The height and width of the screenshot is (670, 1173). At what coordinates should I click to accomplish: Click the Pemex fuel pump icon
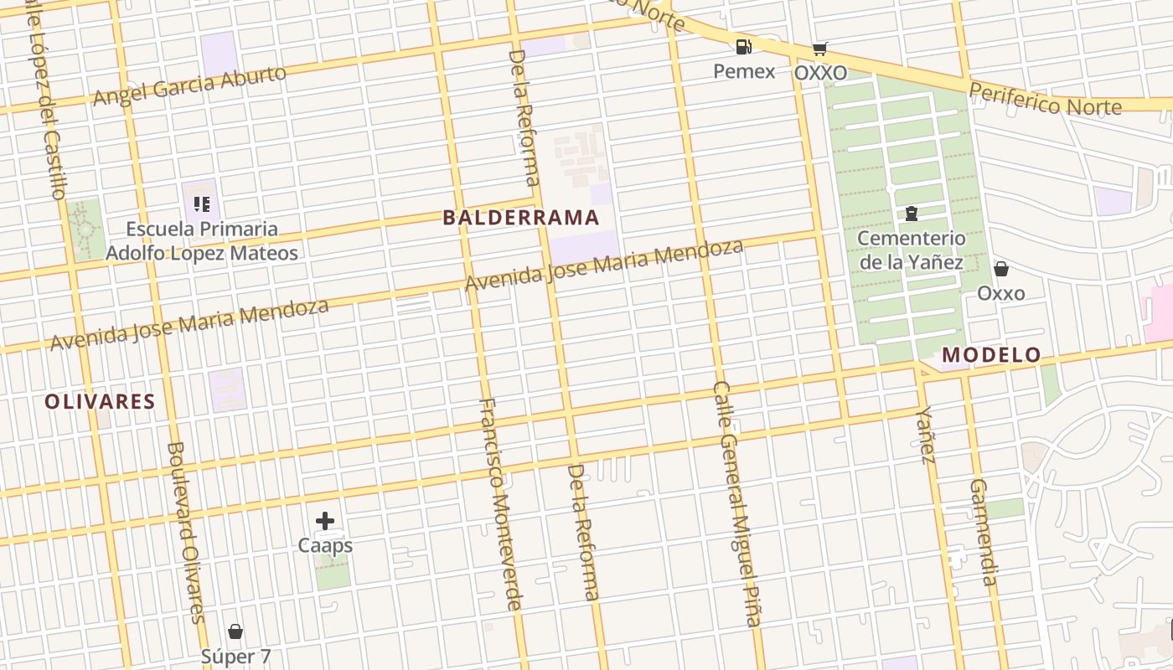pyautogui.click(x=743, y=47)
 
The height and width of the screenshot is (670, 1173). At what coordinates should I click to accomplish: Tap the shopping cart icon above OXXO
pyautogui.click(x=819, y=49)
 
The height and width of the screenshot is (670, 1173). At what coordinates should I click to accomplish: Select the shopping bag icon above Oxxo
pyautogui.click(x=1000, y=269)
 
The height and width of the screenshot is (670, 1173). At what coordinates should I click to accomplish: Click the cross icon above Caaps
pyautogui.click(x=325, y=521)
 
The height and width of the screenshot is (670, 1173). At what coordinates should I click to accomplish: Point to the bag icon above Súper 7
pyautogui.click(x=235, y=631)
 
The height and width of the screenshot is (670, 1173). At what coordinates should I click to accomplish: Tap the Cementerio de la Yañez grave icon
pyautogui.click(x=911, y=214)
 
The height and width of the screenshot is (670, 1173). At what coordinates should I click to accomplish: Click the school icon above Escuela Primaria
pyautogui.click(x=201, y=204)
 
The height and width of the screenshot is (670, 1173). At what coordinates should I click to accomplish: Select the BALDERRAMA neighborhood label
pyautogui.click(x=520, y=218)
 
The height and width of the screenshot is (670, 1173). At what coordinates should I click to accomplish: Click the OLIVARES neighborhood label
pyautogui.click(x=100, y=402)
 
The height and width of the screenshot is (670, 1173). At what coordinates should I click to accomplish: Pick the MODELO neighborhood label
pyautogui.click(x=991, y=355)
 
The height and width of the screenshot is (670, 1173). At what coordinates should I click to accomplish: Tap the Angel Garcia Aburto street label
pyautogui.click(x=189, y=85)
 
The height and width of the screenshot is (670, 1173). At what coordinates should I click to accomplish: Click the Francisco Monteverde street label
pyautogui.click(x=501, y=503)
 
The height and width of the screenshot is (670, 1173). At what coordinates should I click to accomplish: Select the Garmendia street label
pyautogui.click(x=983, y=532)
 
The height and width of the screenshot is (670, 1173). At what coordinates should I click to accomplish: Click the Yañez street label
pyautogui.click(x=925, y=435)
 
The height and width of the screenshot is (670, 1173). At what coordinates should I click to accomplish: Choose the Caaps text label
pyautogui.click(x=325, y=546)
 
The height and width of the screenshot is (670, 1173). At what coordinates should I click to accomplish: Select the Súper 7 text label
pyautogui.click(x=235, y=657)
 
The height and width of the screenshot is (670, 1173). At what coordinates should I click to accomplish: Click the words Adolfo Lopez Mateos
pyautogui.click(x=201, y=253)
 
